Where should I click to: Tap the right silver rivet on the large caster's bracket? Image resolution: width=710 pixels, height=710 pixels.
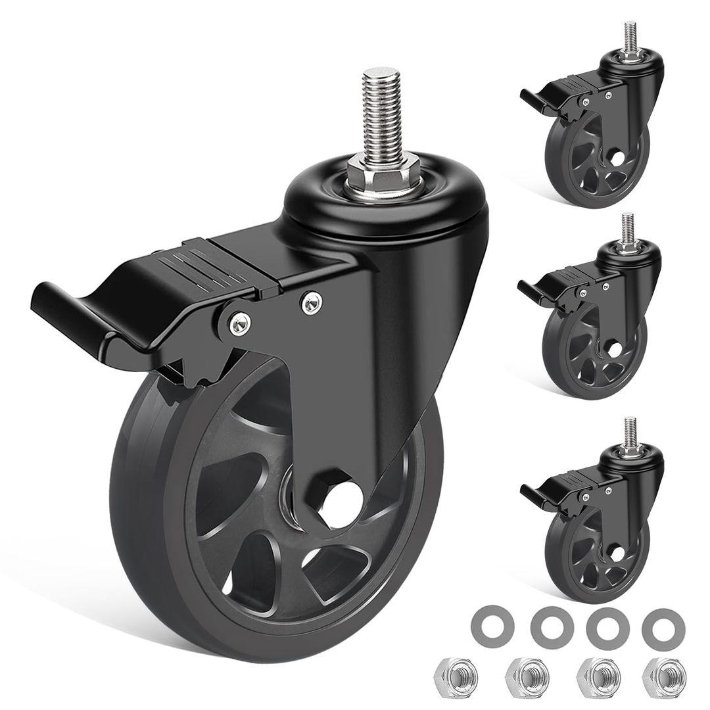click(313, 300)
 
